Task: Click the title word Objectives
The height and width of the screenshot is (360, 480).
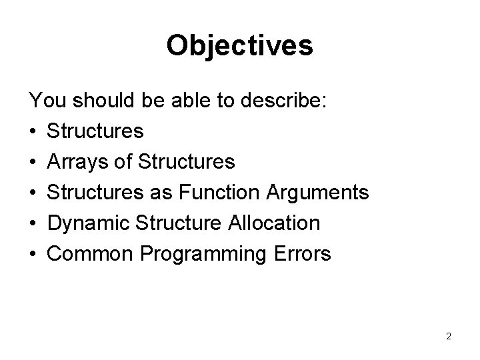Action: pyautogui.click(x=239, y=45)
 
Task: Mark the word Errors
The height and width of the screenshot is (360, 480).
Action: pyautogui.click(x=304, y=254)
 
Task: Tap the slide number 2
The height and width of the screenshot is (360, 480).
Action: pyautogui.click(x=449, y=336)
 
